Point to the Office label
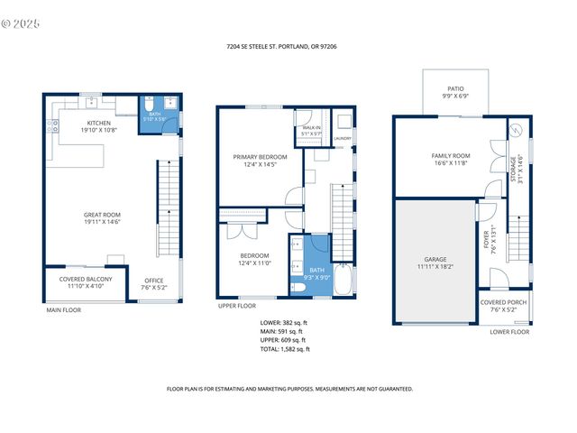click(x=154, y=282)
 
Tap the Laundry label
click(x=343, y=138)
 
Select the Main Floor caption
click(x=64, y=310)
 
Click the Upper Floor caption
click(x=238, y=306)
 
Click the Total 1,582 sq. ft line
click(x=285, y=348)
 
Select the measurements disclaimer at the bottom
click(x=289, y=389)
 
